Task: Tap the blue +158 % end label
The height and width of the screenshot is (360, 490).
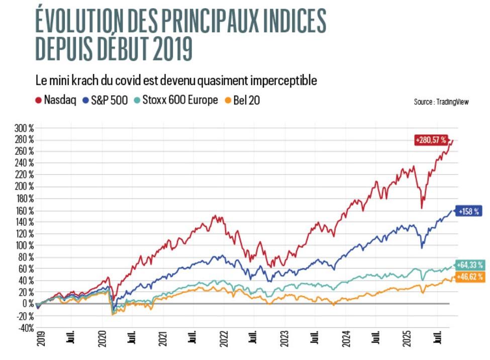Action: pos(469,212)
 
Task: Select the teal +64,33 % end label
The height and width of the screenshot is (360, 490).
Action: pos(470,265)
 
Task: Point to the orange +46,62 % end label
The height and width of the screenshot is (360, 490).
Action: pos(470,277)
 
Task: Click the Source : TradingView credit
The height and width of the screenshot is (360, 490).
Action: pos(441,102)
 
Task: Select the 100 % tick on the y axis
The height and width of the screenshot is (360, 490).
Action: pos(24,245)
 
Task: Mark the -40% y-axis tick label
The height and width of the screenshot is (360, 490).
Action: pos(24,328)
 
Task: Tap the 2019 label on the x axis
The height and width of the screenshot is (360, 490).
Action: pos(41,340)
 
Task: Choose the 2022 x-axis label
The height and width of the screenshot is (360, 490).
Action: pos(223,340)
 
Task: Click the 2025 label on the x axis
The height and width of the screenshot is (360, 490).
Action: pos(405,340)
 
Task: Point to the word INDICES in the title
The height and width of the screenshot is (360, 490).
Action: pos(289,22)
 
